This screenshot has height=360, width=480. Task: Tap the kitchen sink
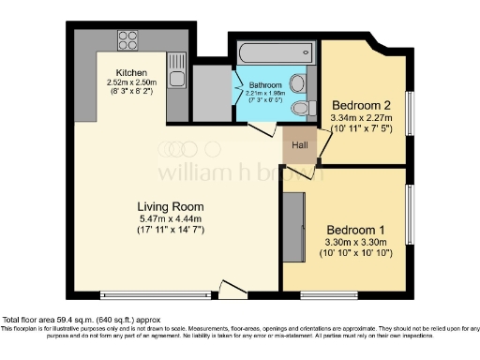[x=175, y=67]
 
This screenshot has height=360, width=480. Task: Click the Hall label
[x=300, y=146]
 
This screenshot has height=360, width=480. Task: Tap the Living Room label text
[x=170, y=207]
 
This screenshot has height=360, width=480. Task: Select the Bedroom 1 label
[x=355, y=230]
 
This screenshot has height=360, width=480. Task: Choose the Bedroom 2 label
[x=362, y=105]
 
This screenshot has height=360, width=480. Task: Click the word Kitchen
[x=131, y=72]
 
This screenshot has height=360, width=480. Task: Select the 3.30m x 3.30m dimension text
[x=355, y=242]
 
